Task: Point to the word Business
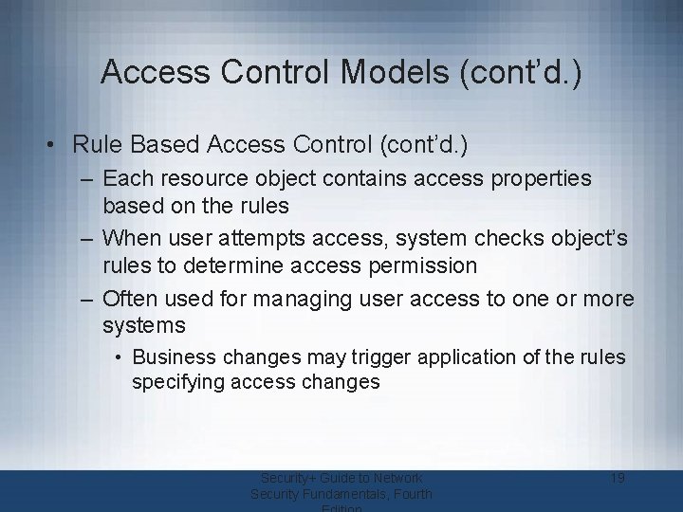[171, 357]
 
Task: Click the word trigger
[347, 357]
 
